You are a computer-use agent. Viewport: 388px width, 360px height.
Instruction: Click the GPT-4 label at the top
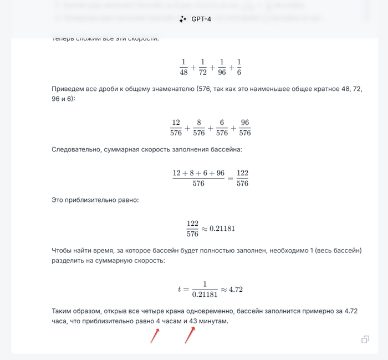(x=201, y=19)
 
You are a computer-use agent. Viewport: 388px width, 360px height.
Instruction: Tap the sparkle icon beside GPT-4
(x=183, y=19)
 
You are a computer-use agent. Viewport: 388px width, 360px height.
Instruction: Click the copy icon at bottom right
(x=365, y=339)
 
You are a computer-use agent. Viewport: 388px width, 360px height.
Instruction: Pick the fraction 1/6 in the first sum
(x=238, y=67)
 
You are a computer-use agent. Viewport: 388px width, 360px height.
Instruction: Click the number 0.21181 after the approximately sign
(x=223, y=229)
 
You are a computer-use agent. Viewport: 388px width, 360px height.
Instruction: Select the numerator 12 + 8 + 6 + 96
(x=198, y=173)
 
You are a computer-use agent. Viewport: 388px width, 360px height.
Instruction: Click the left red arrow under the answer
(x=155, y=336)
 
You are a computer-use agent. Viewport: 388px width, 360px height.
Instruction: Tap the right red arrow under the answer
(x=190, y=335)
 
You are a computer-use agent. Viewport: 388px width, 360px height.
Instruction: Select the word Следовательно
(x=76, y=150)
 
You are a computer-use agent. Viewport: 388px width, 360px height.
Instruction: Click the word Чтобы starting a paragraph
(x=63, y=251)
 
